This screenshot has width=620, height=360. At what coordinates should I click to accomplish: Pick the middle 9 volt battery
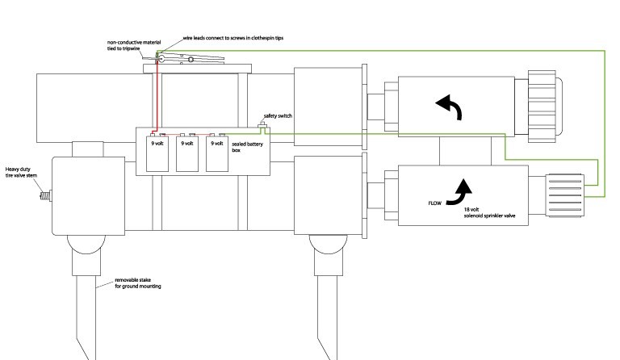[186, 154]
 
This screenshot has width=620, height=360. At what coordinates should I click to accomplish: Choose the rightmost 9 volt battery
[216, 154]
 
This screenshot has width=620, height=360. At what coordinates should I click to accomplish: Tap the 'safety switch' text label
[279, 116]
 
